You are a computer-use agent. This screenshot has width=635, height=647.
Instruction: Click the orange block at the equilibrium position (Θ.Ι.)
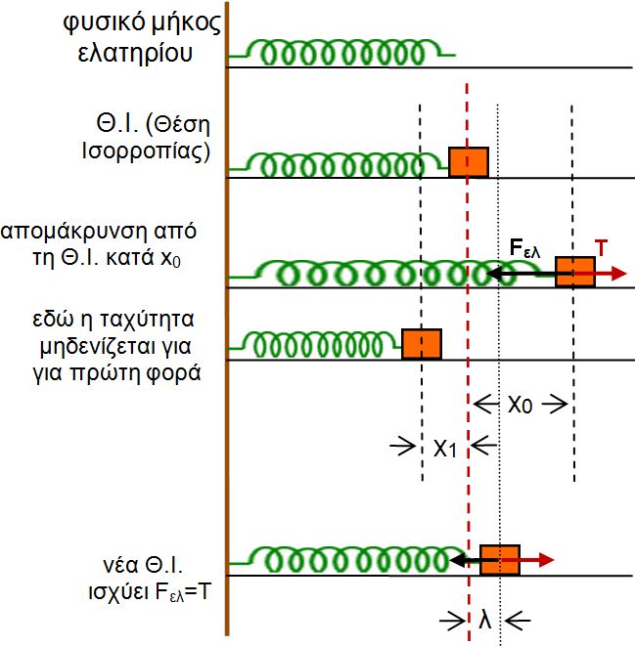click(x=469, y=161)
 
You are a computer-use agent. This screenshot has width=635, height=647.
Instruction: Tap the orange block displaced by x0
click(x=575, y=271)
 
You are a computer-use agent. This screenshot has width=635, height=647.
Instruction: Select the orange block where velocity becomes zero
click(x=422, y=343)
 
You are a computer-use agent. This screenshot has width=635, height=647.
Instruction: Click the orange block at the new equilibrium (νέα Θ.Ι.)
click(x=499, y=560)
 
